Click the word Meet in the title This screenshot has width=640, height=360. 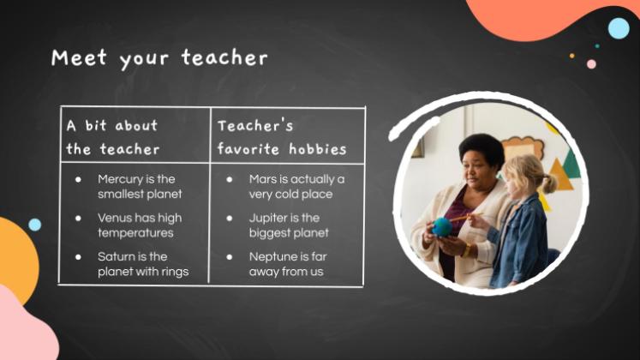[x=79, y=57]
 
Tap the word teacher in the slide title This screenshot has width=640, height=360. [x=224, y=57]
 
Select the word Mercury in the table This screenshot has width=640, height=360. [x=120, y=180]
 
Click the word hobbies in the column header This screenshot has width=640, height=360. [x=318, y=149]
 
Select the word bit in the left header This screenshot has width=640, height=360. [x=96, y=125]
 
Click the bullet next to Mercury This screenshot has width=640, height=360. [x=78, y=179]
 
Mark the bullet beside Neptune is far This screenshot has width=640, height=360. [x=230, y=257]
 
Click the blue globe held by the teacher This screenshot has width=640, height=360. [x=442, y=227]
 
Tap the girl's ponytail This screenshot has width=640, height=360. [x=549, y=183]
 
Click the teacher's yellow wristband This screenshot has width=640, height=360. [x=467, y=249]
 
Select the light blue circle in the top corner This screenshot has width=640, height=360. [x=619, y=28]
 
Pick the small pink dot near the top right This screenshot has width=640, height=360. [x=591, y=64]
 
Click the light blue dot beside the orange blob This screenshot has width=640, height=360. [x=34, y=225]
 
